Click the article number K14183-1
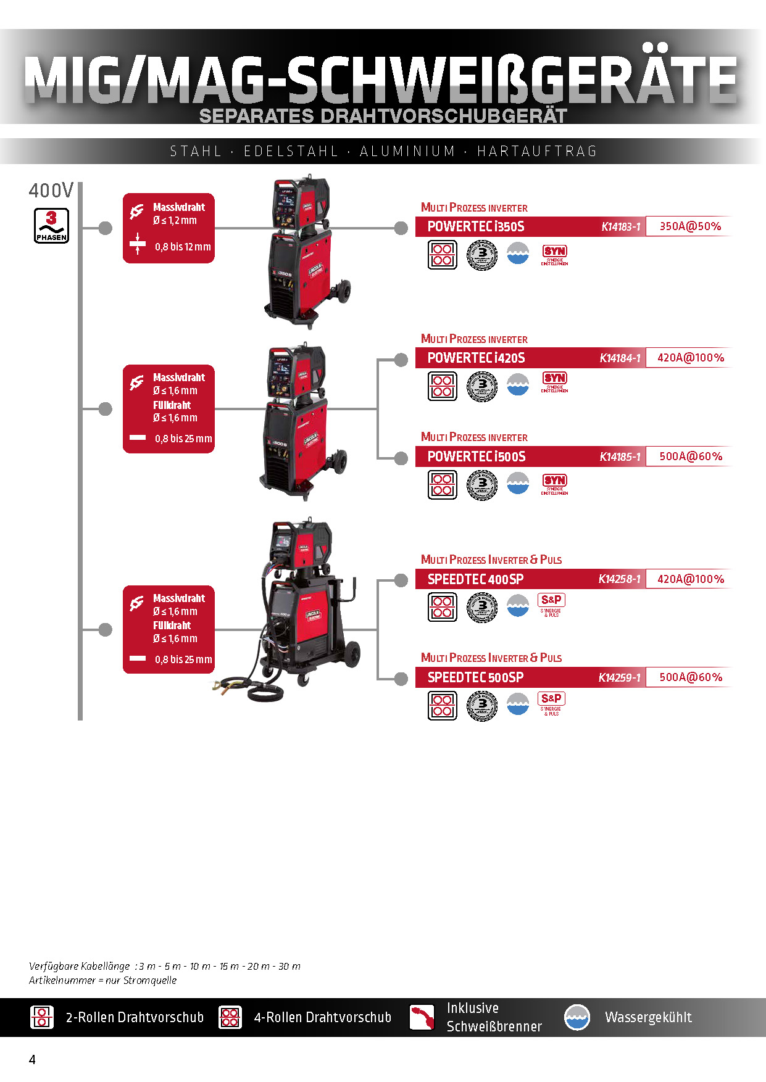(620, 227)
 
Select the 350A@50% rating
(690, 226)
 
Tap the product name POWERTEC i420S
(476, 358)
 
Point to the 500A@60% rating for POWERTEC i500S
(691, 456)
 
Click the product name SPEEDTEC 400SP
(475, 579)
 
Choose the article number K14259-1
(619, 677)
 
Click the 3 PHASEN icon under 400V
(51, 226)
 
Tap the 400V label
(51, 191)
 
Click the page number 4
(32, 1060)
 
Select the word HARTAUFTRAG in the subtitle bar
(537, 151)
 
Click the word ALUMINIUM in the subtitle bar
(407, 151)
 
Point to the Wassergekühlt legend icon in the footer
(577, 1017)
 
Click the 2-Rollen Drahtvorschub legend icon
(42, 1017)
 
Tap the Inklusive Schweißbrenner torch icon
(422, 1017)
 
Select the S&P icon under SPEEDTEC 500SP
(551, 702)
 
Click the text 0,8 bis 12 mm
(183, 247)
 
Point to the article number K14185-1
(620, 457)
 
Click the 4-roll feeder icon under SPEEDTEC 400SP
(443, 607)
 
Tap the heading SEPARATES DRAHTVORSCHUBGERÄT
(383, 116)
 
